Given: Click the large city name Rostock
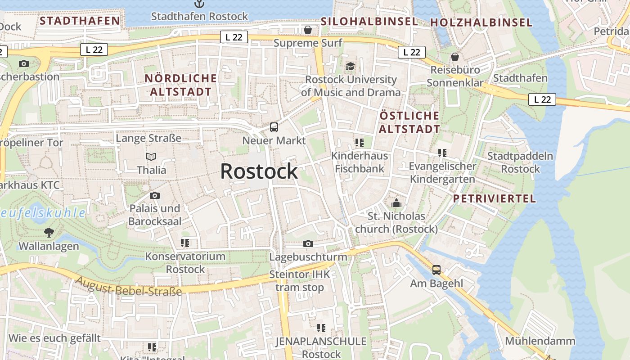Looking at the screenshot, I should pos(259,171).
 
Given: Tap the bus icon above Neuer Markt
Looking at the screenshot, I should pos(274,127).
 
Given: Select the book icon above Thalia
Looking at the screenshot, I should pos(151,157).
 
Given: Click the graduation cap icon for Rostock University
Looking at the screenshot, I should pos(350,67).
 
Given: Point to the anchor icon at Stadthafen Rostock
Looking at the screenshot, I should pos(199,4).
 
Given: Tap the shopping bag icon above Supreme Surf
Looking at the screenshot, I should pos(308,30).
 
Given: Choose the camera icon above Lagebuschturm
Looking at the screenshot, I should pos(308,244).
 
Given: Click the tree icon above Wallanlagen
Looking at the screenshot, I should pos(49,233).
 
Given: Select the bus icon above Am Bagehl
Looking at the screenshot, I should pos(436,270).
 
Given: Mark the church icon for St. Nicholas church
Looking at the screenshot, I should pos(396,203).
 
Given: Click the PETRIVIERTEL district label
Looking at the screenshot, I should pos(494,198).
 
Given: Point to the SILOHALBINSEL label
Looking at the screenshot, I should pos(369,21).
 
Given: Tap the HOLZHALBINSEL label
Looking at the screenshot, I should pos(481,22).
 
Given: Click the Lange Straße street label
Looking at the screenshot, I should pos(148,138).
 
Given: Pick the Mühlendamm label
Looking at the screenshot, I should pos(540,341).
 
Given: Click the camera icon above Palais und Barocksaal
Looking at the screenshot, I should pos(154,195).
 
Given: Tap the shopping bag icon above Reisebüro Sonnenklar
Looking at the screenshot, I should pos(455,57).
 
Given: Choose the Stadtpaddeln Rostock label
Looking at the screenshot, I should pos(520,162).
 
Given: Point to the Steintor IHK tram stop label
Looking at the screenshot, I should pos(297,281).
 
